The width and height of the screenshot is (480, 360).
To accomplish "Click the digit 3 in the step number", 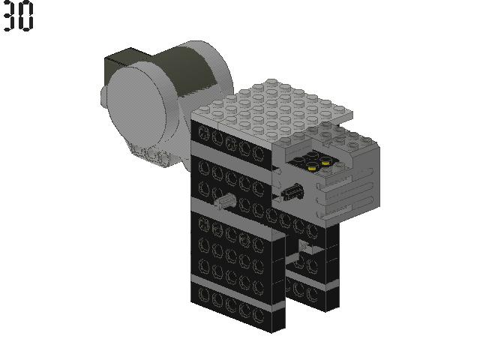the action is pos(9,16).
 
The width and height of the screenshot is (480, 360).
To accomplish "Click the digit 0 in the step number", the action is pos(25,16).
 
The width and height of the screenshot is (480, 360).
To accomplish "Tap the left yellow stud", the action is pos(312,168).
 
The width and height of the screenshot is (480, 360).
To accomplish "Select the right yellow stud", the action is pos(325,162).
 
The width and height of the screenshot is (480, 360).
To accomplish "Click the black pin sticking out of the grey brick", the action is pos(293,191).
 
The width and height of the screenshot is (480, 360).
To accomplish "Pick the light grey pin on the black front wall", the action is pos(226,201).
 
